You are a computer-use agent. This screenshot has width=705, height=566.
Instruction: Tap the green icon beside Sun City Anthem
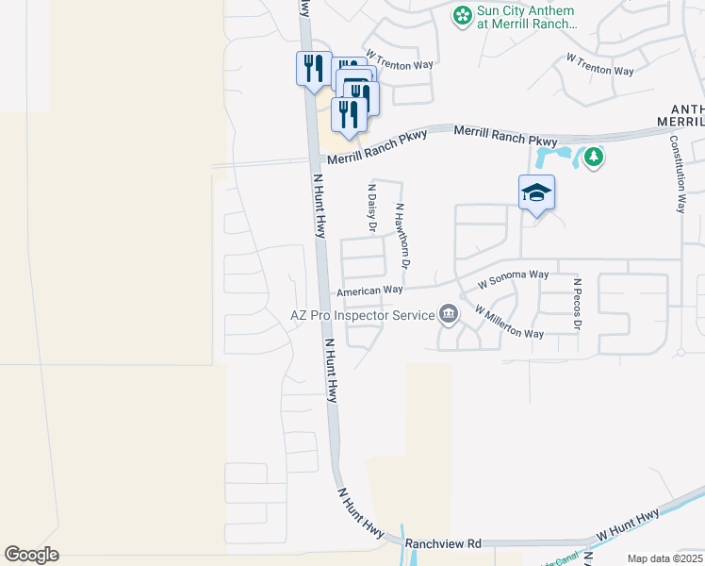[462, 15]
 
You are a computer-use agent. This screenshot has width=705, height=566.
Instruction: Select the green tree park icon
[593, 156]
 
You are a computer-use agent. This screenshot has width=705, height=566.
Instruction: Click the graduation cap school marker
[536, 193]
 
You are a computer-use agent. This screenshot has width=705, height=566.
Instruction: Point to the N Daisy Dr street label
[370, 209]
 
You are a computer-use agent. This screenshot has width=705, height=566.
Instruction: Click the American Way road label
[370, 291]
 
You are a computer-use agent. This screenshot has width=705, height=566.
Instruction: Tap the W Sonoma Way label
[513, 278]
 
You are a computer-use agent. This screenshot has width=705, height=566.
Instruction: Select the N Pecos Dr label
[577, 304]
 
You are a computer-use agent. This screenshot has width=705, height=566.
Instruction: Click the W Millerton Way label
[509, 323]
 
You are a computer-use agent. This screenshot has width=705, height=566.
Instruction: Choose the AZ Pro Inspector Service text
[361, 315]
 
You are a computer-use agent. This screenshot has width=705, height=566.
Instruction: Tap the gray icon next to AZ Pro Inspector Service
[449, 314]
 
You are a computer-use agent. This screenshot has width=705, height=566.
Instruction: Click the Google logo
[31, 555]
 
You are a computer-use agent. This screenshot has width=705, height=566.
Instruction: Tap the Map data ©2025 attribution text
[664, 558]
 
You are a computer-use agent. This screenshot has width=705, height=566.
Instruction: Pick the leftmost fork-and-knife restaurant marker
[313, 69]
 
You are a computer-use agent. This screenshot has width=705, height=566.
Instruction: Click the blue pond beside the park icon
[551, 154]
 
